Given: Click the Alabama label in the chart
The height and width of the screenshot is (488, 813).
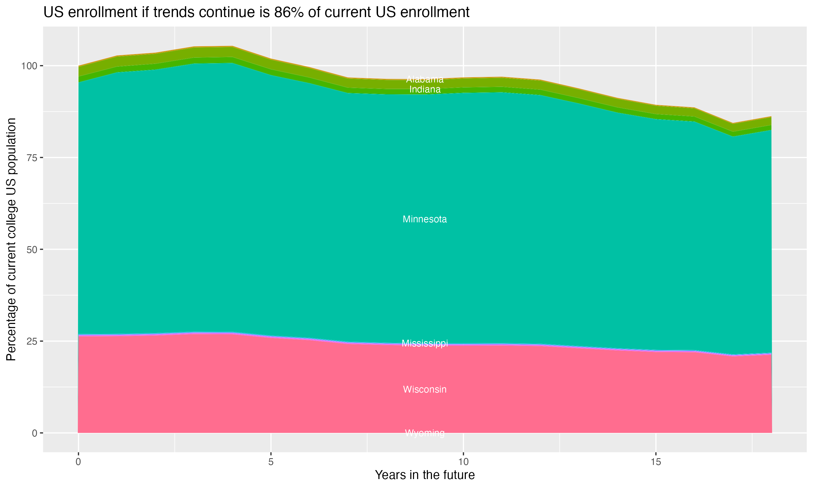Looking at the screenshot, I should [425, 79].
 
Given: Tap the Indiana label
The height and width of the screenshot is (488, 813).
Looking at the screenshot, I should [425, 89].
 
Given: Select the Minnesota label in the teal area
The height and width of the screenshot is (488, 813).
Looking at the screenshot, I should [425, 219].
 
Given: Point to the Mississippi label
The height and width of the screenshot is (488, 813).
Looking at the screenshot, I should [425, 343].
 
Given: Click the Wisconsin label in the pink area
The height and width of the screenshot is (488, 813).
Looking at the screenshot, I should [425, 389].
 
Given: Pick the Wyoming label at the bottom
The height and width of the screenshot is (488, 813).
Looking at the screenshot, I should [425, 433].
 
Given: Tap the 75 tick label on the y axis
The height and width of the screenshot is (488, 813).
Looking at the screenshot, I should [31, 158].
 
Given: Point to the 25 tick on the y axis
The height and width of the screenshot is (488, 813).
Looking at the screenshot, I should [31, 341].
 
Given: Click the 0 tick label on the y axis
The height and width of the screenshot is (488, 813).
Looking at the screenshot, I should [34, 433].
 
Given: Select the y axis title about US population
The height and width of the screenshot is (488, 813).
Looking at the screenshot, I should [11, 239].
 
